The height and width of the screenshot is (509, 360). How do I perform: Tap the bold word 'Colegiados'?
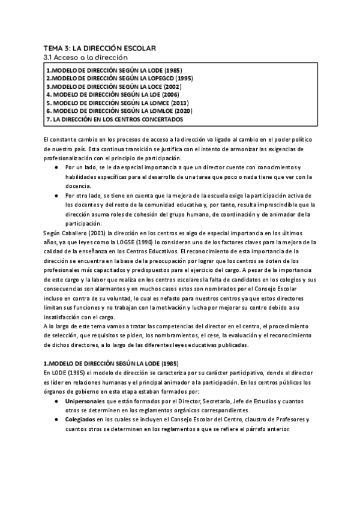(x=82, y=420)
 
